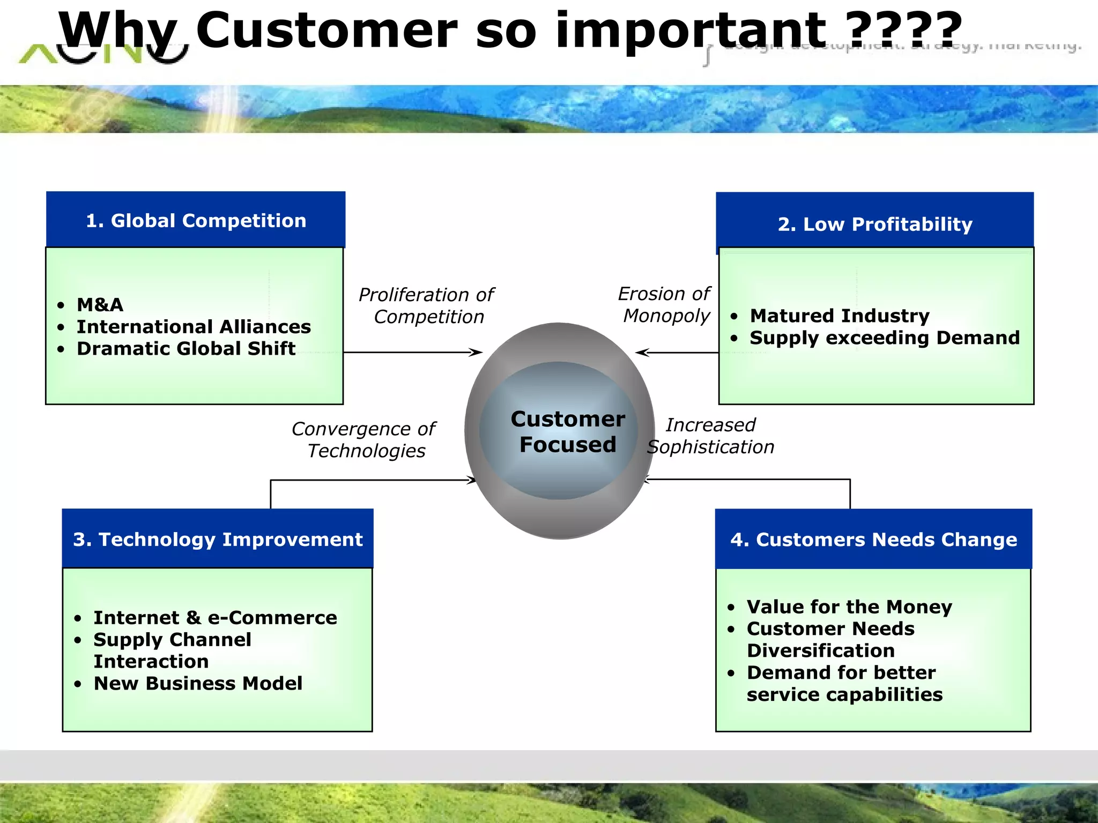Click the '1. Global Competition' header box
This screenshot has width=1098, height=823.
(x=196, y=220)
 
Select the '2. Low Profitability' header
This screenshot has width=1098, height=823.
(x=874, y=224)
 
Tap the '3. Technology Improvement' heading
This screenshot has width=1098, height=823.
(x=218, y=539)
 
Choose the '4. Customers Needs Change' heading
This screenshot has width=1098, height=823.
(x=873, y=539)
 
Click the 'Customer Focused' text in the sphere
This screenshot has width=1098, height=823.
(x=567, y=432)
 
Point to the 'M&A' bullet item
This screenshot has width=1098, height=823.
(x=100, y=305)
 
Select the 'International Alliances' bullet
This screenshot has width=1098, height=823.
(x=194, y=327)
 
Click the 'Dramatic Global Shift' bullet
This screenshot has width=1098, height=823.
(x=186, y=349)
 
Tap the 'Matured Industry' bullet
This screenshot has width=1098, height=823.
(x=839, y=316)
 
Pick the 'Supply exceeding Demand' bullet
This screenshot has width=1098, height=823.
(x=884, y=338)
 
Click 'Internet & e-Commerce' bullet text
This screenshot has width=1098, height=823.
(x=215, y=618)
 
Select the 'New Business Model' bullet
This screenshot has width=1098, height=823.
(x=198, y=684)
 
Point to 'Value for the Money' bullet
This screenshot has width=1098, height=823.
(x=849, y=607)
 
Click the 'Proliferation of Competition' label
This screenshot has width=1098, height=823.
(x=427, y=305)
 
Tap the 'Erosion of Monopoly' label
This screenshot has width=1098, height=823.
(x=665, y=304)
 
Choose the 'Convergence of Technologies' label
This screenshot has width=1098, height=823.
(x=364, y=439)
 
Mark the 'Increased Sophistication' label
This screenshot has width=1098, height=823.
(x=710, y=436)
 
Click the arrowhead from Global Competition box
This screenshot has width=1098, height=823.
(x=476, y=352)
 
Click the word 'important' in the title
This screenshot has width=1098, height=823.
(x=691, y=31)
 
